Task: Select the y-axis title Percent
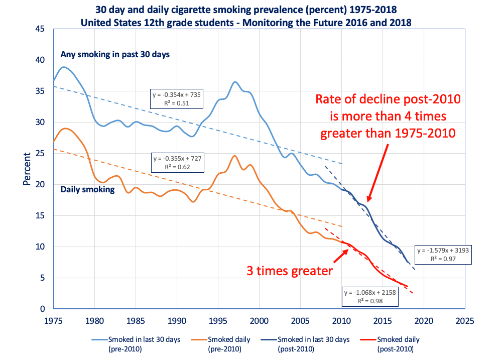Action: point(28,169)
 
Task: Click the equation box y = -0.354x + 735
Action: point(177,98)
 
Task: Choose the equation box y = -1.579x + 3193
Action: point(443,255)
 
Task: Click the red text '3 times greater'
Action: point(290,271)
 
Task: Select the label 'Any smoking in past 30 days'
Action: point(115,54)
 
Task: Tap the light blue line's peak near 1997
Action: point(235,82)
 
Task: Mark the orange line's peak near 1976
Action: point(65,129)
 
